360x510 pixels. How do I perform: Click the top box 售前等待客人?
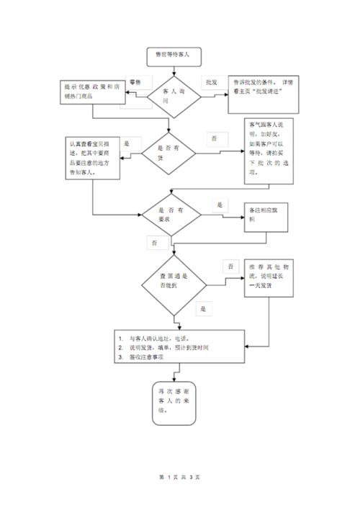172,54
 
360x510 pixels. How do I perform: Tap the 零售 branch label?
135,83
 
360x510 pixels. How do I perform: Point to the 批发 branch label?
211,83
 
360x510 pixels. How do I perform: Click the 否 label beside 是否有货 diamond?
215,137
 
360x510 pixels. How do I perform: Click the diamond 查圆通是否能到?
173,282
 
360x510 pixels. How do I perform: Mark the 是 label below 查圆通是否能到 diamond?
204,308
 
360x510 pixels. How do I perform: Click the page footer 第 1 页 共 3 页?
179,477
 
